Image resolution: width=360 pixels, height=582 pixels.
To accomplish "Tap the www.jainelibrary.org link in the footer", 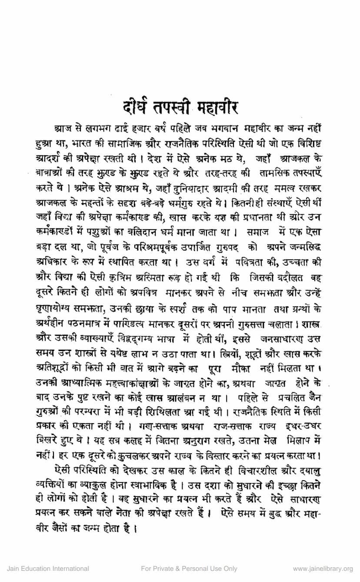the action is [323, 569].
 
